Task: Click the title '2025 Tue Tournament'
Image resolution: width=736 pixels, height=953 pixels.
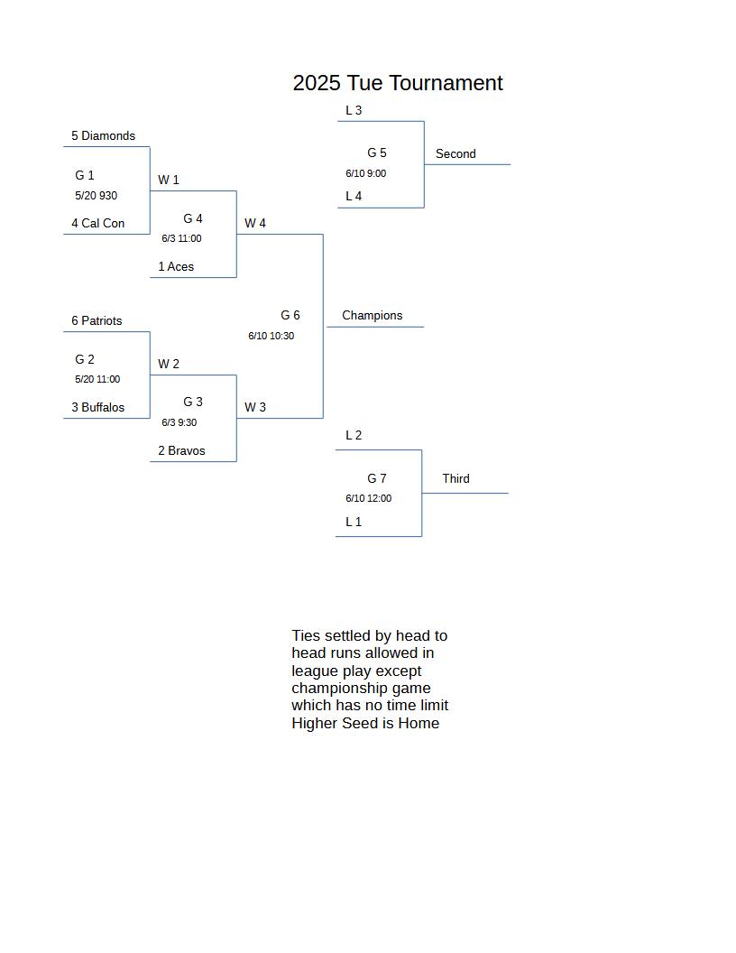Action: coord(398,83)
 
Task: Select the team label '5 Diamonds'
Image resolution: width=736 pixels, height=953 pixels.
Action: coord(103,135)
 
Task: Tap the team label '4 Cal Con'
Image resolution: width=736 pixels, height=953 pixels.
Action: coord(97,223)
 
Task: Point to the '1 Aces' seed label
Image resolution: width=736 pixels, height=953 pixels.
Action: coord(176,266)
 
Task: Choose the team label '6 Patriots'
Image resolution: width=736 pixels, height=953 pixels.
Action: coord(97,320)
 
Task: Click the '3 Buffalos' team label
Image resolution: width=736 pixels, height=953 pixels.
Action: coord(97,407)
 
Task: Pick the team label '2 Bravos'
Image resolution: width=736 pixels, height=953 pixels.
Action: coord(181,450)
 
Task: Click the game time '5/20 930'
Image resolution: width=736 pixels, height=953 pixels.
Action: coord(96,195)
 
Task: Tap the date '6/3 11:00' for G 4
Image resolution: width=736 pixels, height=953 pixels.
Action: coord(181,238)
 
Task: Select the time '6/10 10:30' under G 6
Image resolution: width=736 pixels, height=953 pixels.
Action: coord(271,336)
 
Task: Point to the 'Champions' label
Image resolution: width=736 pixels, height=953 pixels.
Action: coord(373,315)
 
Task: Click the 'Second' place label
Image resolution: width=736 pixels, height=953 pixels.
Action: coord(455,153)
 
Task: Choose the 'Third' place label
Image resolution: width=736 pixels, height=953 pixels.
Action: coord(455,478)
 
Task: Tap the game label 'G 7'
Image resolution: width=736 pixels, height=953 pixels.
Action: coord(376,478)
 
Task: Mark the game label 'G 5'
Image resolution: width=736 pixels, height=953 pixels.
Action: coord(376,153)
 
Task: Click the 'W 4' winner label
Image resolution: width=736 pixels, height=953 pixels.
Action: coord(255,223)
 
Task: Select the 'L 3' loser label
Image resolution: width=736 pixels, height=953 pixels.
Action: coord(354,110)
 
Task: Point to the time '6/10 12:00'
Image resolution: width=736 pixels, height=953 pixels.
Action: coord(369,498)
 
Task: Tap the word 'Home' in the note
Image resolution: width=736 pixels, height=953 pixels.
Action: coord(419,723)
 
